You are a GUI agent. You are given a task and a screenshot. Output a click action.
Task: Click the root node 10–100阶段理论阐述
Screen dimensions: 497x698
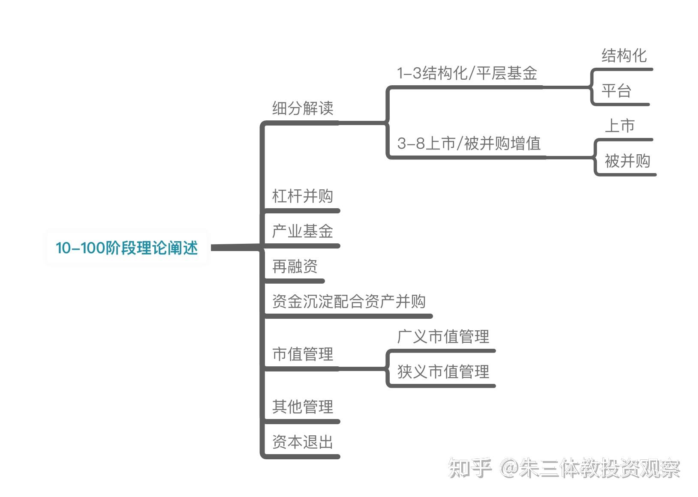coord(127,248)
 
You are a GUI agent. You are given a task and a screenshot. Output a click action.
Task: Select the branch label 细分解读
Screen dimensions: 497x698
coord(303,108)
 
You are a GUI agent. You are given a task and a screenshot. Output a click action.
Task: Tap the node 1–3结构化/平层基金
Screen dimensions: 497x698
coord(467,73)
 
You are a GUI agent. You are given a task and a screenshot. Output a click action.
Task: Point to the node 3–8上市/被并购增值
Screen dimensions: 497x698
coord(469,144)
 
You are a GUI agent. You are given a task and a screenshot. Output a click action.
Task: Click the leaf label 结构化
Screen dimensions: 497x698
coord(624,56)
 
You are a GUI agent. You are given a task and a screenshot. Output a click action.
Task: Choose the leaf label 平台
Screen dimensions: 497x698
coord(616,91)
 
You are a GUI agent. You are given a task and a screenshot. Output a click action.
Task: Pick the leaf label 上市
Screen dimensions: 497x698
coord(620,126)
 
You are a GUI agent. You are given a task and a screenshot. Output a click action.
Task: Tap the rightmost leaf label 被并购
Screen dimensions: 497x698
coord(627,161)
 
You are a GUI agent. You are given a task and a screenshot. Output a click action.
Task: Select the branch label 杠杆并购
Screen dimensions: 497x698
coord(303,196)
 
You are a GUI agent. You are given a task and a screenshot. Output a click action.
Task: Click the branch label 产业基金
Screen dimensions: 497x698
coord(303,231)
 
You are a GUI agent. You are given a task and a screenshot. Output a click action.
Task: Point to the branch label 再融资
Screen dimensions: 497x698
coord(295,266)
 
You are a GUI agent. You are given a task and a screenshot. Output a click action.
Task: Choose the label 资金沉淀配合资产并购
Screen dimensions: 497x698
coord(349,302)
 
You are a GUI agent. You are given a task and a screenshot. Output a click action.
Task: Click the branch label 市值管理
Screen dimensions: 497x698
coord(303,354)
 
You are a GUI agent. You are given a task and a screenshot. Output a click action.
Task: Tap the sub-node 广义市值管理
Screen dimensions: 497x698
coord(443,337)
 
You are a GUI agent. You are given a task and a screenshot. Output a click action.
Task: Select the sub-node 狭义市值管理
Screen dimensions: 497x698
coord(443,372)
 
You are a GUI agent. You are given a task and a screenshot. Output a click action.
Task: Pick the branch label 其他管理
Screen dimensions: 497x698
coord(303,407)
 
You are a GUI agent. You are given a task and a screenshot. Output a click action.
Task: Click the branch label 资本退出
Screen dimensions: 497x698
coord(303,442)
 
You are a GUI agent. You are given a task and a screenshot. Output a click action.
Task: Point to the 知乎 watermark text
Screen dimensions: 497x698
coord(469,468)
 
